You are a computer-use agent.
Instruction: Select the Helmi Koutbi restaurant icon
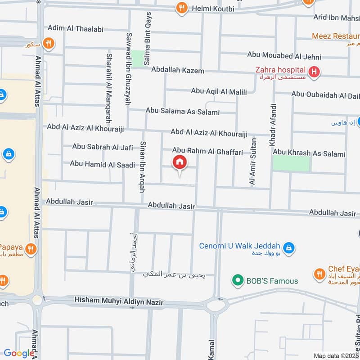181,7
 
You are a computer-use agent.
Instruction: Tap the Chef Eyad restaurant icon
319,274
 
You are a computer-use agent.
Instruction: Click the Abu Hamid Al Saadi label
102,164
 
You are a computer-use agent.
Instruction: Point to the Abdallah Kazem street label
177,70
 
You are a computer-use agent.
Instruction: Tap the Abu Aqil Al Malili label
219,91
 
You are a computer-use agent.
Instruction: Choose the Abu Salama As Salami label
182,112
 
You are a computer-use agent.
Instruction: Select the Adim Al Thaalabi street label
75,29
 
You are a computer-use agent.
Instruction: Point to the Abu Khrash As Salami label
309,153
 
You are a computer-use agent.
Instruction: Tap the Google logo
19,353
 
